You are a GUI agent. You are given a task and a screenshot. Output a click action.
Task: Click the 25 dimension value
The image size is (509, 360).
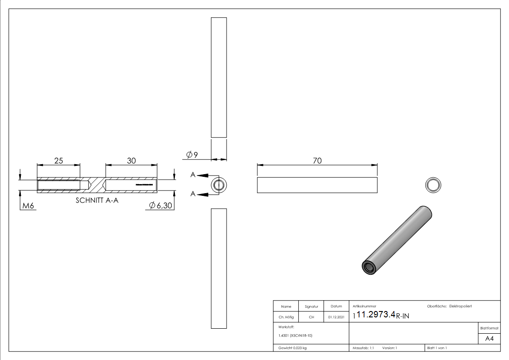58,161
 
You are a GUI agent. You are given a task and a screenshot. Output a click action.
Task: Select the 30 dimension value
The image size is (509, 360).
131,161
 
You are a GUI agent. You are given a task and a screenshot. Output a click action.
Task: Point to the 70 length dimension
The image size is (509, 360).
317,161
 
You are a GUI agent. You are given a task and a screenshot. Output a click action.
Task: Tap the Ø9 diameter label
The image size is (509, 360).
192,155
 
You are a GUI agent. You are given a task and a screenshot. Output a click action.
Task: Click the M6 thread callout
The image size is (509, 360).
29,206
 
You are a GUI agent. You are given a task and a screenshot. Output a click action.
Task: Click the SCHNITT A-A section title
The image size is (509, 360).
97,201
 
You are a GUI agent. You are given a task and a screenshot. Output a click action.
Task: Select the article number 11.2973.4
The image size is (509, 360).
376,315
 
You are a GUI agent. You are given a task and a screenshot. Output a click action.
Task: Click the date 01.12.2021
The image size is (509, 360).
336,317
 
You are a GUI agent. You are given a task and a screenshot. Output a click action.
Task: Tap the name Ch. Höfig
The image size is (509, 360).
286,317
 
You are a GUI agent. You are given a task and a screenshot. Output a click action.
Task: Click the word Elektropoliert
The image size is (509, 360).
461,306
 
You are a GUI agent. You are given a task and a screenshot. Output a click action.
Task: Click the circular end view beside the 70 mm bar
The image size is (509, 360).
433,185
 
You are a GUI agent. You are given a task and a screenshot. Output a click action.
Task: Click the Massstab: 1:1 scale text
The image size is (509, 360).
363,348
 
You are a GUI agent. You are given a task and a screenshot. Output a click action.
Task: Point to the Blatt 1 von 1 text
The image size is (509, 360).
436,348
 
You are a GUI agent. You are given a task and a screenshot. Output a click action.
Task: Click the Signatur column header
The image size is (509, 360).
311,306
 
